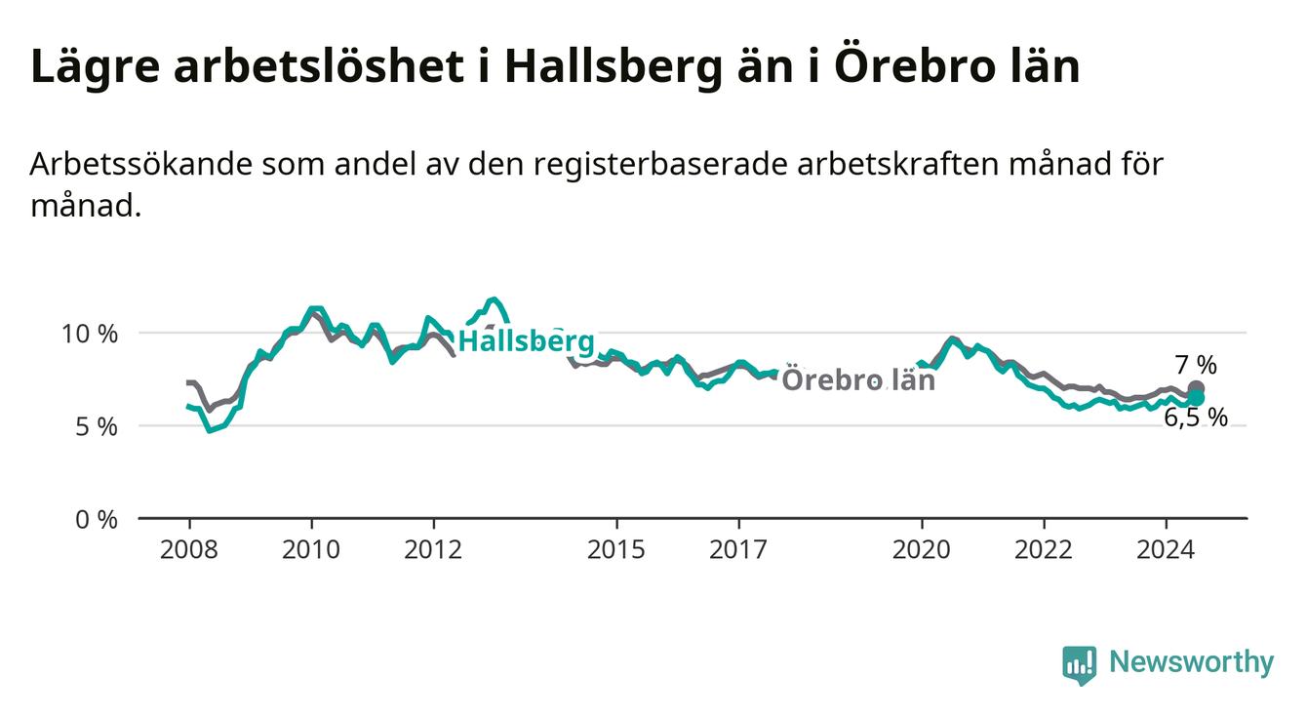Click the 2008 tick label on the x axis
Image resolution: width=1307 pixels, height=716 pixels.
tap(188, 550)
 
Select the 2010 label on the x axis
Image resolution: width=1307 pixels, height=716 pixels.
tap(311, 550)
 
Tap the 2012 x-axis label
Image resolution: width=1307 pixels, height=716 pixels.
tap(433, 550)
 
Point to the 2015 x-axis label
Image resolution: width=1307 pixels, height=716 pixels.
tap(616, 550)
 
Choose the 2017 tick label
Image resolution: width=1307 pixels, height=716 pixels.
tap(738, 550)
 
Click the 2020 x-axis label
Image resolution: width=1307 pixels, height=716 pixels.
tap(922, 550)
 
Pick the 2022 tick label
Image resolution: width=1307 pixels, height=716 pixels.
tap(1044, 550)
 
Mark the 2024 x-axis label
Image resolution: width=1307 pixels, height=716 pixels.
tap(1166, 550)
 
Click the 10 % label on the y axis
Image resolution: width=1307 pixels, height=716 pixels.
tap(90, 335)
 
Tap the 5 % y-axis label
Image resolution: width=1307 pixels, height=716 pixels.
tap(97, 427)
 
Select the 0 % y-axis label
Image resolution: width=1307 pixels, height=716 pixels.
tap(97, 520)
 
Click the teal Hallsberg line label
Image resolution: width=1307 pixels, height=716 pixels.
tap(527, 340)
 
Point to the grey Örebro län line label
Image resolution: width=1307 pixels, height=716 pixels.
tap(858, 379)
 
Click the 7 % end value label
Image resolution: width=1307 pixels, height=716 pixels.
tap(1196, 365)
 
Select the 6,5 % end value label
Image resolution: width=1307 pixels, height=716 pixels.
tap(1196, 418)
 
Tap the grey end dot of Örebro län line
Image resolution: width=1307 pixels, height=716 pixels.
tap(1196, 388)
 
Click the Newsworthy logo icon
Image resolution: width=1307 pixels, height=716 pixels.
tap(1079, 665)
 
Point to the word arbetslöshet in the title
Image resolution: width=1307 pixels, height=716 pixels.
tap(319, 66)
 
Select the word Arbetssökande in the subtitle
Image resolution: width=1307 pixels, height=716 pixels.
tap(141, 165)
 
